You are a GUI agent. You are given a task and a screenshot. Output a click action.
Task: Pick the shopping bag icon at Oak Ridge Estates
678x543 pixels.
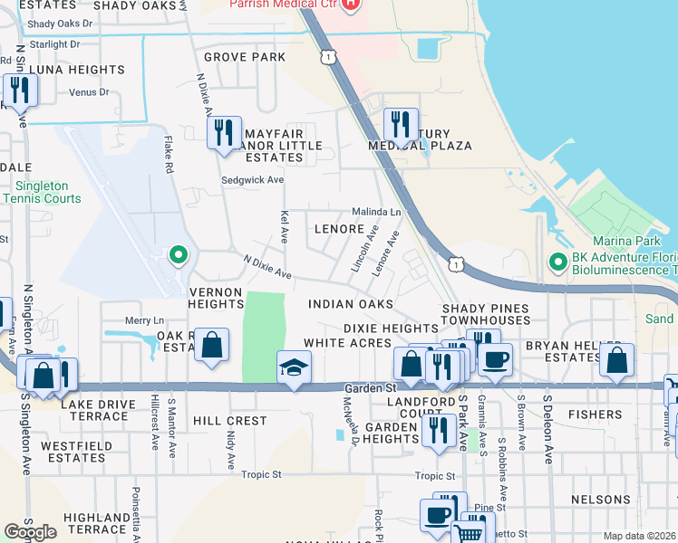point(211,346)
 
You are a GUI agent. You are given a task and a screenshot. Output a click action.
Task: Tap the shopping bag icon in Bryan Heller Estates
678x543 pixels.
point(616,358)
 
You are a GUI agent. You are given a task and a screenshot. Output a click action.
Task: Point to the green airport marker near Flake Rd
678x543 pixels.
point(179,254)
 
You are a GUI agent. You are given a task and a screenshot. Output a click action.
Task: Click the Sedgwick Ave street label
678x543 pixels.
point(251,180)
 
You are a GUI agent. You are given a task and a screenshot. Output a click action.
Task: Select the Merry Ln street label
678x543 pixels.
point(144,320)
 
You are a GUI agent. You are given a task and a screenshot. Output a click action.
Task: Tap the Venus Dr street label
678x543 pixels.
point(90,92)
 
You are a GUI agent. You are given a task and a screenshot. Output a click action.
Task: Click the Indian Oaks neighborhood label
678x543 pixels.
point(351,304)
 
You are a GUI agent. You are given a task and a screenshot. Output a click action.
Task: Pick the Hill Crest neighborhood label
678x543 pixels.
point(229,421)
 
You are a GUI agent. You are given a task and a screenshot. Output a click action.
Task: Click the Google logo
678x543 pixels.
point(30,532)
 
